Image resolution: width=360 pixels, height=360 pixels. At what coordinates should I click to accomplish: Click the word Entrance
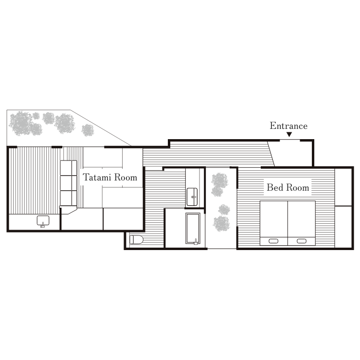pos(288,126)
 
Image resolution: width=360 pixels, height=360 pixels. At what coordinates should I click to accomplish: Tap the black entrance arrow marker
pos(289,134)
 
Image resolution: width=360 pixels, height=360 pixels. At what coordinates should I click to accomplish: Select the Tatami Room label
pos(110,177)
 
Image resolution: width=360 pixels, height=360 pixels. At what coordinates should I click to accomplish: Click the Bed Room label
pos(288,188)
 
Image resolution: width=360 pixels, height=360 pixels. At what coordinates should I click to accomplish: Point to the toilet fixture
pos(136,240)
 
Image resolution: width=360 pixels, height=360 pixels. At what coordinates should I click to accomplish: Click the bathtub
pos(193,228)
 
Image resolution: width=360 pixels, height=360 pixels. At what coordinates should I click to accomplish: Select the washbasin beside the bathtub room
pos(192,197)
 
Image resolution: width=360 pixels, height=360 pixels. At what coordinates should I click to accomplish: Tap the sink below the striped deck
pos(43,220)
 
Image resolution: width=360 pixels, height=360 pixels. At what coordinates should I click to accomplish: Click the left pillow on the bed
pos(273,241)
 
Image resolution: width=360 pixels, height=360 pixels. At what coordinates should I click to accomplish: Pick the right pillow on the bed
pos(301,241)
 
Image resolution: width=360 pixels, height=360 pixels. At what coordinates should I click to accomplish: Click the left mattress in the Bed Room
pos(274,223)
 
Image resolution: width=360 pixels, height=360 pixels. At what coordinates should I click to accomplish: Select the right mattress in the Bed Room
pos(302,223)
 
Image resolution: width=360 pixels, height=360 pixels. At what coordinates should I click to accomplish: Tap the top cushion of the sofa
pos(66,168)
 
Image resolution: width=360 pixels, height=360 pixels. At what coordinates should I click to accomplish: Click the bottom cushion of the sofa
pos(66,198)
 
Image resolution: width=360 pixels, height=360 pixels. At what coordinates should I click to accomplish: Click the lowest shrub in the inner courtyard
pos(221,224)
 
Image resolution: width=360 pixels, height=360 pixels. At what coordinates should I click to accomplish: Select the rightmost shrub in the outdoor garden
pos(88,130)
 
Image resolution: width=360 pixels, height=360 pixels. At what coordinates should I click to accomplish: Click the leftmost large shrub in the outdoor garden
pos(20,123)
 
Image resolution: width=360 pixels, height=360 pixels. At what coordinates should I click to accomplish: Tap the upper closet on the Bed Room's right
pos(343,187)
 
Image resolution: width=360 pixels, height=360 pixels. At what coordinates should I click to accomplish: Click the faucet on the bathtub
pos(196,242)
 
